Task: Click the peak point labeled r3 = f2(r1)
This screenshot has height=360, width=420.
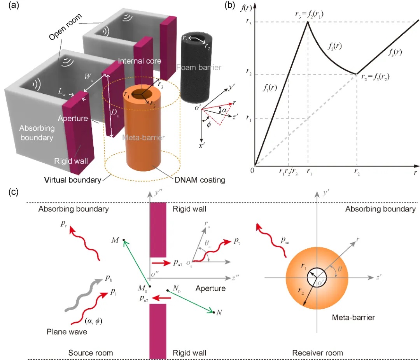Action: coord(308,22)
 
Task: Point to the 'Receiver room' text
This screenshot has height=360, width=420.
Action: coord(317,353)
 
